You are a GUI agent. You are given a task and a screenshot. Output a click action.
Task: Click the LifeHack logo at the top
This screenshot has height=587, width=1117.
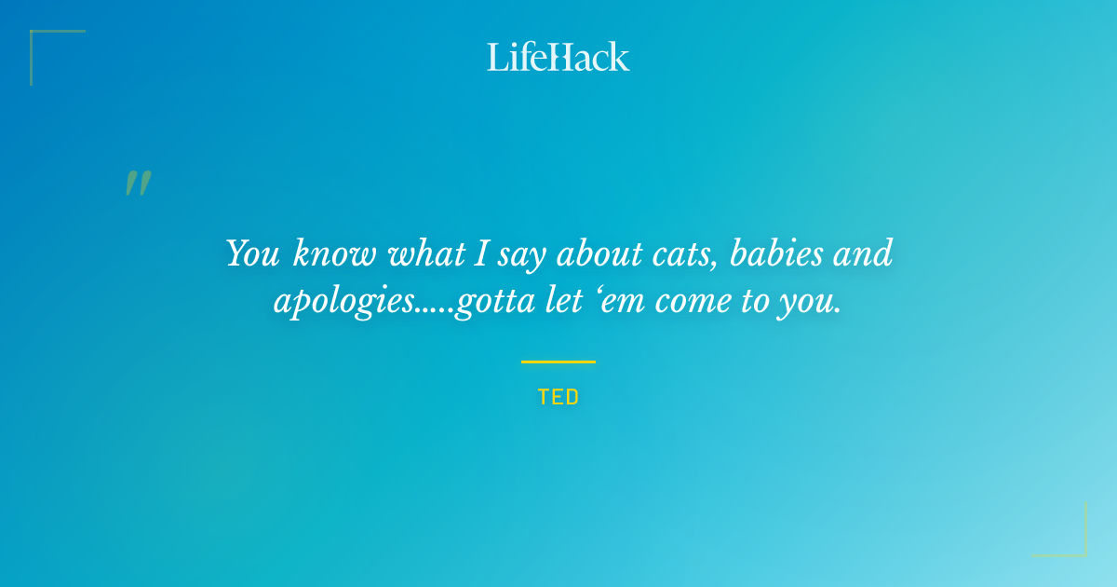(x=558, y=57)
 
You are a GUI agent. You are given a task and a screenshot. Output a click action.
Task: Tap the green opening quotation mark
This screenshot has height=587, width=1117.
(x=138, y=184)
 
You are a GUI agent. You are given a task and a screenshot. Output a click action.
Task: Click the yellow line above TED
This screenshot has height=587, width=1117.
(x=558, y=362)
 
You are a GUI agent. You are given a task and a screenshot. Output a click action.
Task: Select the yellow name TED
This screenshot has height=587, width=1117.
(x=558, y=397)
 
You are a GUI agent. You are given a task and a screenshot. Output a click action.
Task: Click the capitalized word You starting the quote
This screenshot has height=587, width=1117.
(x=254, y=253)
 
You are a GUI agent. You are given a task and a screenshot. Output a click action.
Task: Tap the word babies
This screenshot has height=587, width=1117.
(x=779, y=253)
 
